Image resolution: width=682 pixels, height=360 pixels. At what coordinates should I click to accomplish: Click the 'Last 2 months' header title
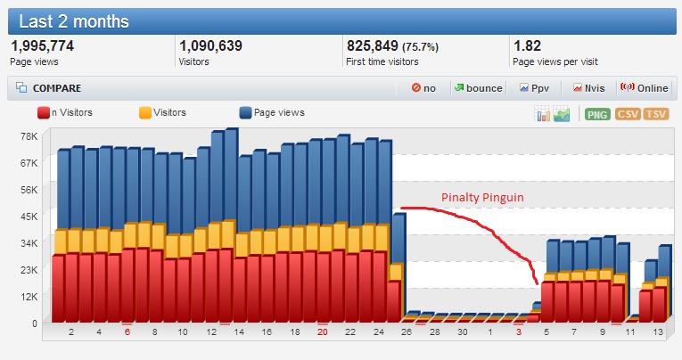click(x=74, y=20)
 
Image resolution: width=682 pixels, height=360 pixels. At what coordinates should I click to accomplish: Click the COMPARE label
click(x=56, y=88)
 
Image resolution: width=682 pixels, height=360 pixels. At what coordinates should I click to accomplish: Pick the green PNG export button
click(x=596, y=114)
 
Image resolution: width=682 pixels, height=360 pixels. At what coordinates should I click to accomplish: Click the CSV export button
click(x=628, y=114)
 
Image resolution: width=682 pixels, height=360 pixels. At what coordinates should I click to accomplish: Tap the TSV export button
click(x=656, y=114)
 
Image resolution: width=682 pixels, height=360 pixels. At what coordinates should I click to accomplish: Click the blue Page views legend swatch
click(x=244, y=113)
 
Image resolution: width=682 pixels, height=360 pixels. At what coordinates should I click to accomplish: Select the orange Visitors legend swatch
click(x=144, y=113)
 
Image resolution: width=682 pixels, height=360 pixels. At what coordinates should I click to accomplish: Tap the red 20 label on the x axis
click(x=322, y=331)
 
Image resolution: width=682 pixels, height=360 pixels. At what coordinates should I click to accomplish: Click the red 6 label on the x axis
click(x=127, y=331)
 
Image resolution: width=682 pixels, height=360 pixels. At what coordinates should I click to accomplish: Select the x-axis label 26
click(x=406, y=331)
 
